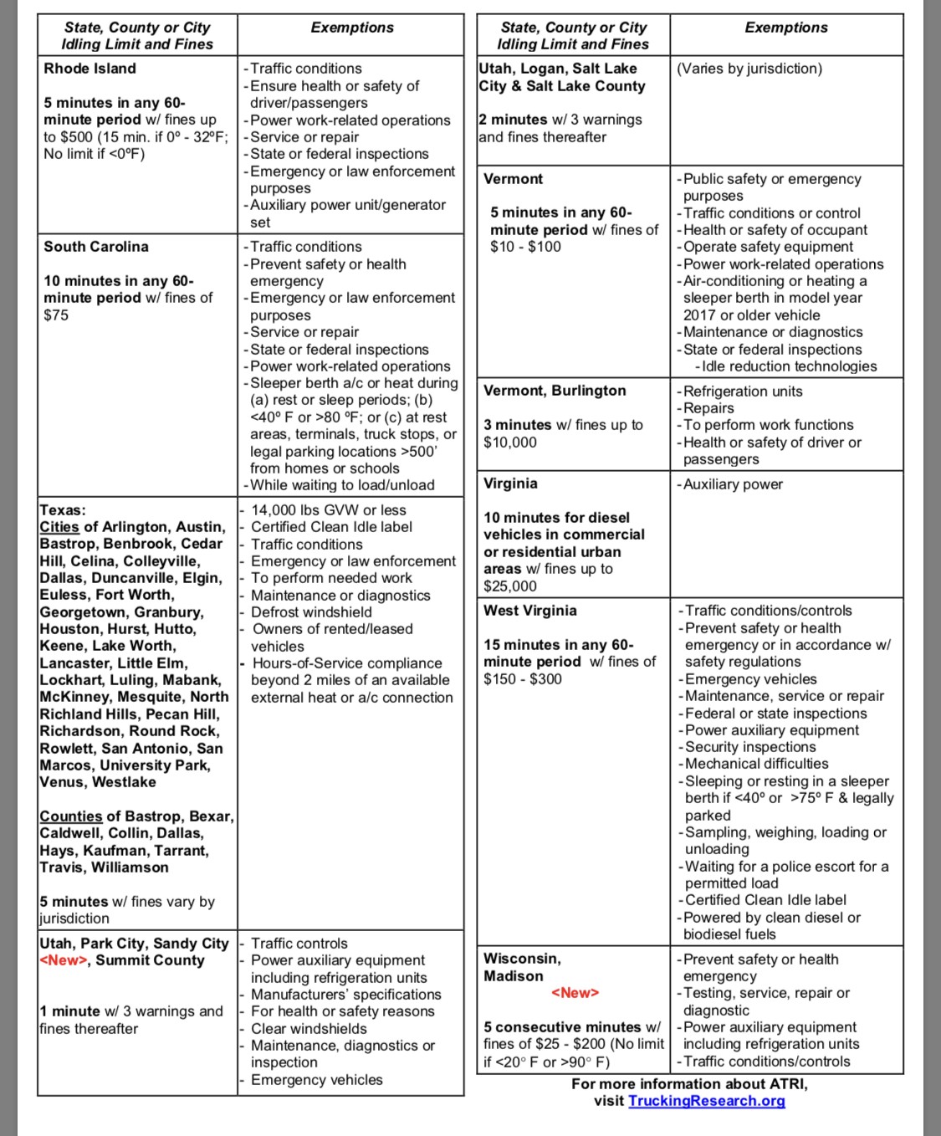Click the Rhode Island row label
tap(89, 69)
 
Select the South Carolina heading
tap(96, 247)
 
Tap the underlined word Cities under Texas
tap(59, 527)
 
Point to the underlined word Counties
tap(70, 816)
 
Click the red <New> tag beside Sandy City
tap(64, 960)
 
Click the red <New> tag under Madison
tap(575, 993)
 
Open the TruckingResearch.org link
tap(706, 1101)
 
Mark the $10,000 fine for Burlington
tap(510, 443)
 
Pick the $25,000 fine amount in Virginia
tap(510, 586)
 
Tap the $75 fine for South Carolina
tap(56, 315)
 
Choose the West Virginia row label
tap(529, 611)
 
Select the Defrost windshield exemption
tap(311, 612)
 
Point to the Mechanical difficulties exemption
tap(756, 764)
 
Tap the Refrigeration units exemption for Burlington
tap(742, 391)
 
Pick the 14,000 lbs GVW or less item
tap(328, 510)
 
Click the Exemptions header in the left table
tap(352, 28)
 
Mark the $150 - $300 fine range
tap(523, 679)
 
